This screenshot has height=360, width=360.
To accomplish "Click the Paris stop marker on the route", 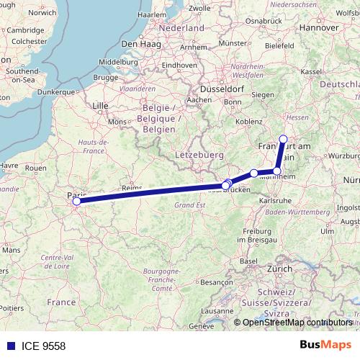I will (x=76, y=202).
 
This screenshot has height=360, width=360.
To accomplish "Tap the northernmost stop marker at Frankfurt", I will (x=283, y=140).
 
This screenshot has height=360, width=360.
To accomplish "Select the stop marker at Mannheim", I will (x=277, y=171).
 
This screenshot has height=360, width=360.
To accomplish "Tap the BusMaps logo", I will (x=327, y=346).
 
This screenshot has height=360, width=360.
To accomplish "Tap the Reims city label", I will (x=132, y=187).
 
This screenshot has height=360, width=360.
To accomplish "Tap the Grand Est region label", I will (x=189, y=204).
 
